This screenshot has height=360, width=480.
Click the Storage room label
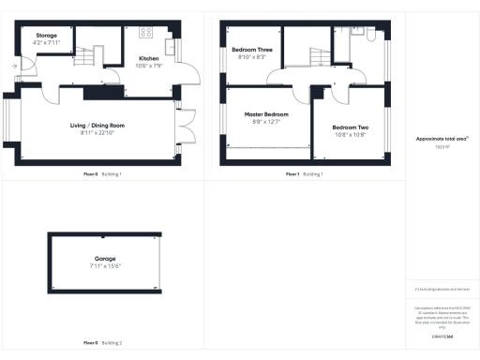(46, 36)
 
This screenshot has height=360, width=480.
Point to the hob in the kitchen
(146, 33)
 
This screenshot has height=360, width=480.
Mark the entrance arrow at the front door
(13, 67)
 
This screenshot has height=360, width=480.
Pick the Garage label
(105, 258)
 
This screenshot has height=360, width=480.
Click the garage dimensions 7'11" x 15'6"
(105, 265)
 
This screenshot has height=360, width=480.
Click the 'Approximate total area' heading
(442, 140)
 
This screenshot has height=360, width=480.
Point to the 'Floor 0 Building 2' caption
(103, 342)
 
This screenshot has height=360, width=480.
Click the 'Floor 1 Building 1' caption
(305, 174)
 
